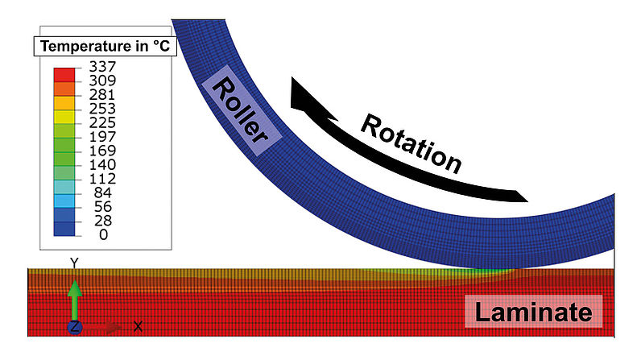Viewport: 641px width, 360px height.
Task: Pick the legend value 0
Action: tap(101, 234)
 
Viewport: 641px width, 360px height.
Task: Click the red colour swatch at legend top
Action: tap(65, 74)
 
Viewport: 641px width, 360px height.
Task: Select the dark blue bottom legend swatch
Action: tap(65, 228)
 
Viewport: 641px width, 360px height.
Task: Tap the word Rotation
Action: tap(411, 143)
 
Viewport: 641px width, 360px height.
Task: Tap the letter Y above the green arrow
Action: tap(73, 263)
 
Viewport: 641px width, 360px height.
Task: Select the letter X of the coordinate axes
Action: tap(138, 326)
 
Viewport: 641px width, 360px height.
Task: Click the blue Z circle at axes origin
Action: tap(73, 327)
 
